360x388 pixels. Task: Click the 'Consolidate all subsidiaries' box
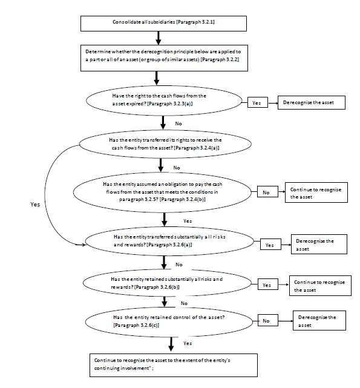coord(163,24)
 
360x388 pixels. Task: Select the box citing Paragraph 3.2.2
coord(164,58)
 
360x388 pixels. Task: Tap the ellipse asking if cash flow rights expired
coord(164,100)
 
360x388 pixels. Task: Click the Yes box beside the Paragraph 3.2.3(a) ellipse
coord(258,102)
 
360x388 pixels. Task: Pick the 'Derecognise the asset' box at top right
coord(311,102)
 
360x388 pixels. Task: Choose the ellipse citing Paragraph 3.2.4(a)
coord(165,144)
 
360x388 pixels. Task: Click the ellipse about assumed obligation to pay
coord(162,192)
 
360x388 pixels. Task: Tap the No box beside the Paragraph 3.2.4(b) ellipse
coord(267,192)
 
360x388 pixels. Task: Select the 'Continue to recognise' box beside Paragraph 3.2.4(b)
coord(316,192)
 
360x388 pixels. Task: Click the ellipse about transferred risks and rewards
coord(169,241)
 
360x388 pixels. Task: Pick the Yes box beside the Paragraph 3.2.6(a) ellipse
coord(270,244)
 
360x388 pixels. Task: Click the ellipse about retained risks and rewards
coord(167,283)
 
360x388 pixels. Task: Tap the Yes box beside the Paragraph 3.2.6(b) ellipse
coord(268,284)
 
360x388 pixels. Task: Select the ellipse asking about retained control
coord(169,321)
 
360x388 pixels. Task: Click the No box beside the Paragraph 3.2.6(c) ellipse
coord(268,320)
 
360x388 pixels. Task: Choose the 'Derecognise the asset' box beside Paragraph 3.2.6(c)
coord(319,320)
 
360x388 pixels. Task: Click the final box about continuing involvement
coord(174,365)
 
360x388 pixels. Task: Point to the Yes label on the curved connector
coord(35,205)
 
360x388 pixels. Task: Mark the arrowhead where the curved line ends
coord(83,245)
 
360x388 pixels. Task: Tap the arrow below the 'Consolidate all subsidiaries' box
coord(159,38)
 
